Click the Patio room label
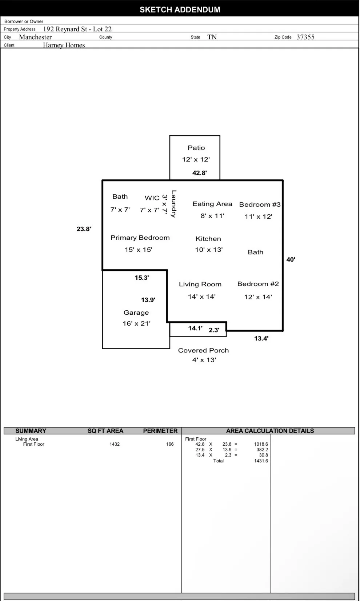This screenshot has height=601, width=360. tap(196, 148)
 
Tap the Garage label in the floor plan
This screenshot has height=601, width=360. tap(136, 313)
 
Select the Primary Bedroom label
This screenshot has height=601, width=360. tap(140, 238)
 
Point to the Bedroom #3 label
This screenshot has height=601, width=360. tap(260, 204)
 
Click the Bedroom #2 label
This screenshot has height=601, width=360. tap(258, 284)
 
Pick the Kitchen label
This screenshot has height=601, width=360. tap(208, 239)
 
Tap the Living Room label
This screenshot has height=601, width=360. tap(200, 284)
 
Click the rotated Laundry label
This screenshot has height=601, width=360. tap(174, 204)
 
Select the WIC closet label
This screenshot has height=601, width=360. tap(152, 198)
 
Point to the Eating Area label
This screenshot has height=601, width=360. tap(212, 204)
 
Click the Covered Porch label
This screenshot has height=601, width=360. tap(203, 350)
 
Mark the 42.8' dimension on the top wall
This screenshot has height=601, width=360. tap(200, 173)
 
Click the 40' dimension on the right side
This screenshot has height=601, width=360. tap(291, 259)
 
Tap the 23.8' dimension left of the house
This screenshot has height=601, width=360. tap(84, 229)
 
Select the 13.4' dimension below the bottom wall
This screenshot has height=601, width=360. tap(261, 338)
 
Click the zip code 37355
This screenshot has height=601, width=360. tap(305, 37)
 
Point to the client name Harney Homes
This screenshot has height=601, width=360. tap(64, 45)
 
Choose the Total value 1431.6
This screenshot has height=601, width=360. tap(261, 461)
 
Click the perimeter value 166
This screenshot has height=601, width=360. tap(170, 444)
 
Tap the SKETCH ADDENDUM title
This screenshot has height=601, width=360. tap(180, 10)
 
